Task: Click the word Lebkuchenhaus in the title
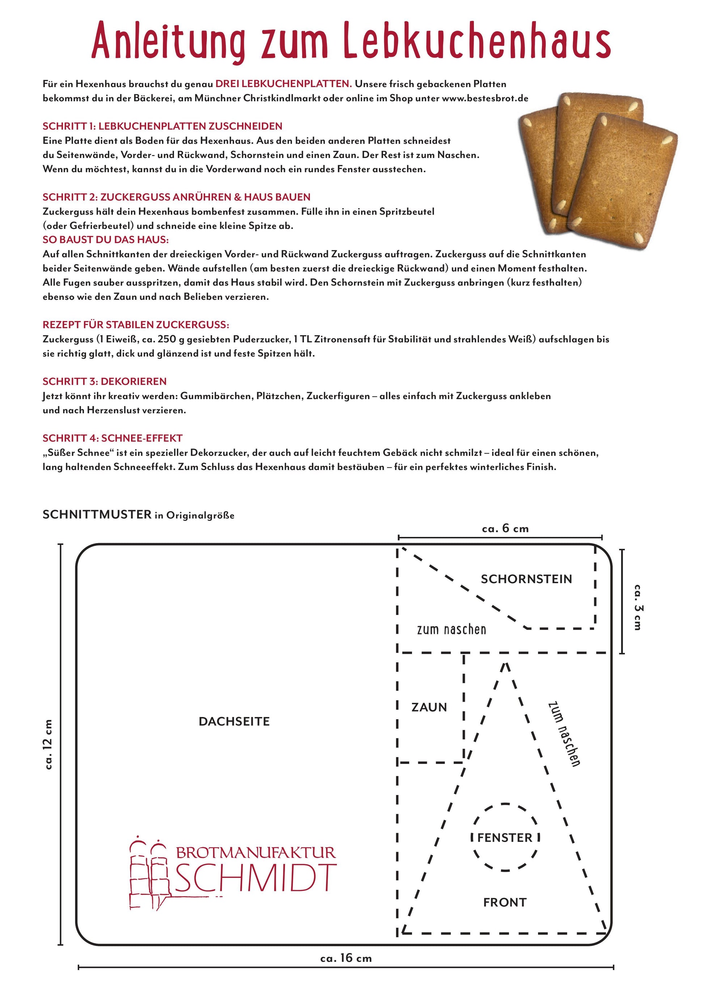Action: pos(477,41)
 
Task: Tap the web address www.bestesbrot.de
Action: pos(485,98)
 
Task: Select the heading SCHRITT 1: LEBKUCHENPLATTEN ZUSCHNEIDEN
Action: pos(162,126)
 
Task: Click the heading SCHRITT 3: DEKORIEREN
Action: pos(105,381)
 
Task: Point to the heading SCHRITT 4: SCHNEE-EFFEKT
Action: pos(112,438)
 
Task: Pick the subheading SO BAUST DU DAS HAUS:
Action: pos(105,240)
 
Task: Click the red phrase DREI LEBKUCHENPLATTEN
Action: pos(284,84)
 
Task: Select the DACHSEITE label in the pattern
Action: pos(234,722)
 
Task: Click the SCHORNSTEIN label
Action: pos(526,579)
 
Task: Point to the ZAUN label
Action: pos(429,707)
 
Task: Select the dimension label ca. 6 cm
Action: pos(505,529)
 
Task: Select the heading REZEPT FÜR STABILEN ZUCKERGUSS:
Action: pos(136,325)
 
